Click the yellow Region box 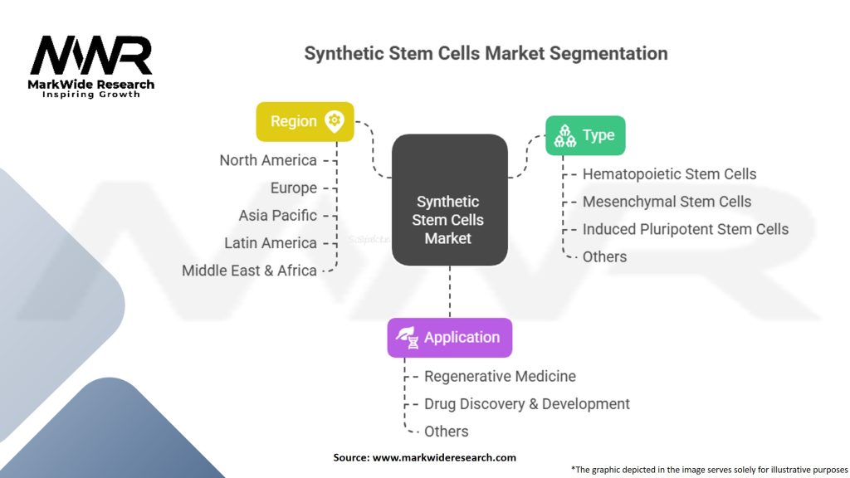(305, 121)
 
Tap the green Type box (585, 135)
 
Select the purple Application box (449, 338)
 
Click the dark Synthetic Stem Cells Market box (449, 200)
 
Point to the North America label (268, 160)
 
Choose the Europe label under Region (294, 188)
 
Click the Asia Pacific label (277, 216)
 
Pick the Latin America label (271, 243)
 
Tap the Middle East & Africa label (249, 271)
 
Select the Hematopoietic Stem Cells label (670, 174)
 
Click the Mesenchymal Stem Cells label (667, 202)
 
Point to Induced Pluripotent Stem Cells (685, 229)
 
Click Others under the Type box (604, 257)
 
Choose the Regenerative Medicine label (500, 376)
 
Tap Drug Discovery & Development (527, 404)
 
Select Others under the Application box (446, 432)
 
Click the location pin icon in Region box (334, 121)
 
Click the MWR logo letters (91, 56)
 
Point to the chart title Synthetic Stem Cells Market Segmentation (486, 54)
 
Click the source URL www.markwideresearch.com (444, 457)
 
